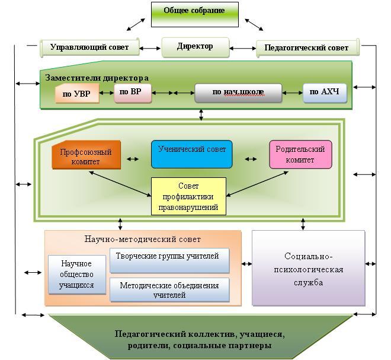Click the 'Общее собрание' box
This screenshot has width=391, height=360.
195,14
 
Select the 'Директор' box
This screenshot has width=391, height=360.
195,47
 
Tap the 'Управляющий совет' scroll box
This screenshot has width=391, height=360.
89,47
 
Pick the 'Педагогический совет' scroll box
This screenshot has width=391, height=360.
308,47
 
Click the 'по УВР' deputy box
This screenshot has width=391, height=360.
77,93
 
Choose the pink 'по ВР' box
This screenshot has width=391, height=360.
133,93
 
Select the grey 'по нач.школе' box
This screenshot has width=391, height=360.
238,93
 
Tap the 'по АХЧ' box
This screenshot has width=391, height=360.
325,93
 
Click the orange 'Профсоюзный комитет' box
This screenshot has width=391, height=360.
86,155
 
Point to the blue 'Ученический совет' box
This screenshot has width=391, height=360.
192,154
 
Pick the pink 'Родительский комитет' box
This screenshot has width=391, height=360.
300,155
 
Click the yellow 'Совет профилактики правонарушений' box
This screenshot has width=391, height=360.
188,196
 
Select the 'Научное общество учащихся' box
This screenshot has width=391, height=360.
77,275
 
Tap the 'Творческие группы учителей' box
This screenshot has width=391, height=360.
169,260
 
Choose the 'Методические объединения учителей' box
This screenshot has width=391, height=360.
169,290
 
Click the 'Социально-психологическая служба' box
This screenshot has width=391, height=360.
309,268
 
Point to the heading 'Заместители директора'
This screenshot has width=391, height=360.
97,78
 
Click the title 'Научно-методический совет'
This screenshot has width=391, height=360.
143,239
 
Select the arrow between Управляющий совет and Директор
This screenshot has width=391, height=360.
150,48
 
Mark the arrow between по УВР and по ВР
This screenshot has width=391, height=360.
107,93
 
